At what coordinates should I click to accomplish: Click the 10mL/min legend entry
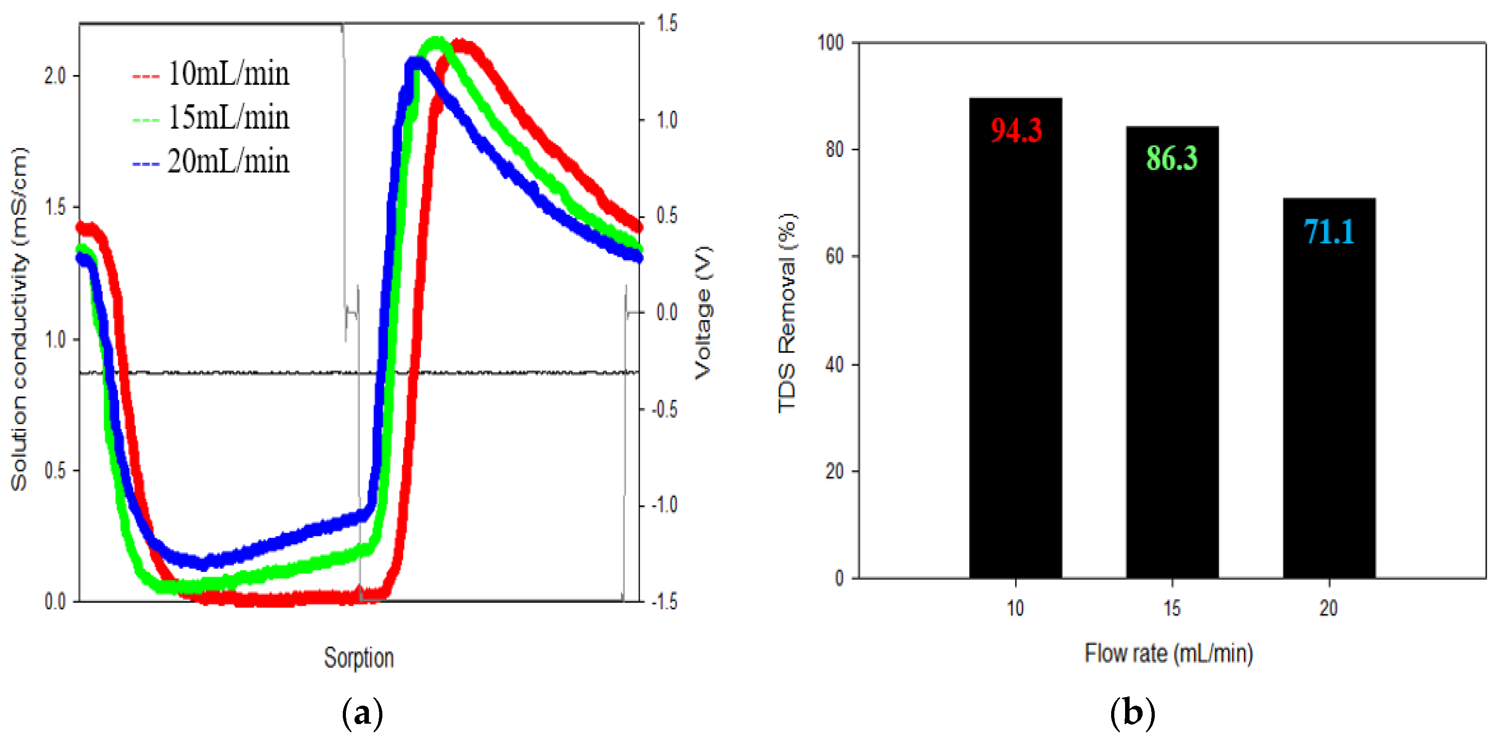(211, 74)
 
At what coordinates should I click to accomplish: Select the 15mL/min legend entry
(211, 118)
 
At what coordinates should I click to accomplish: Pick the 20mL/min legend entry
(211, 161)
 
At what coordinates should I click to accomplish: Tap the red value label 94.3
(1016, 130)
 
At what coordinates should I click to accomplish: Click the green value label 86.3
(1172, 158)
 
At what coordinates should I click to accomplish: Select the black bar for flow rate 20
(1329, 407)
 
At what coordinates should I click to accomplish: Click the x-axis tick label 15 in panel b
(1172, 608)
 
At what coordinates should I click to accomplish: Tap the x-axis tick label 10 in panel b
(1015, 608)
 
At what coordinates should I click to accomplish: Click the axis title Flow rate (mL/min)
(1168, 653)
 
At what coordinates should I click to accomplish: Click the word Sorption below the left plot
(359, 658)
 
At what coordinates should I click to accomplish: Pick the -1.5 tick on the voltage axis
(664, 602)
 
